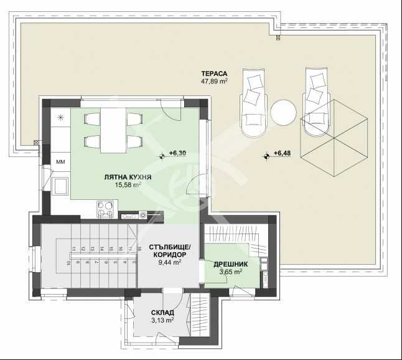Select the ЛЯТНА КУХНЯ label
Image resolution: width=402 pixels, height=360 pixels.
128,177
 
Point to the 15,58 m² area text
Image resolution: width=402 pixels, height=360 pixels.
128,185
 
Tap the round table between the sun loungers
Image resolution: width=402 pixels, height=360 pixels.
284,113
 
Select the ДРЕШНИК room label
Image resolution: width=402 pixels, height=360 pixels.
235,263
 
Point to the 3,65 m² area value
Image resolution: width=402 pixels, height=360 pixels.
235,272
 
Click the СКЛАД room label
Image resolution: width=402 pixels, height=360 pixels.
162,312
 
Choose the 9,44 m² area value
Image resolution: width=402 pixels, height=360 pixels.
169,263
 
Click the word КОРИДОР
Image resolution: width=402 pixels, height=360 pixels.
168,254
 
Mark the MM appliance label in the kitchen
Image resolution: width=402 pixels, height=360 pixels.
61,163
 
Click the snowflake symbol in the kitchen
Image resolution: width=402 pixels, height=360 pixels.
61,118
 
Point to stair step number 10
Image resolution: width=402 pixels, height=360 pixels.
68,262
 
